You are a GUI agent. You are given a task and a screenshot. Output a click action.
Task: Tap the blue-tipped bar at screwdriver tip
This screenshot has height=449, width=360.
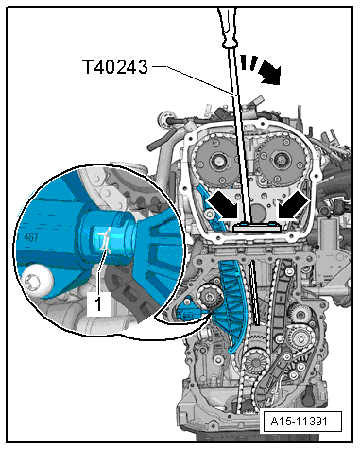point(251,227)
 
